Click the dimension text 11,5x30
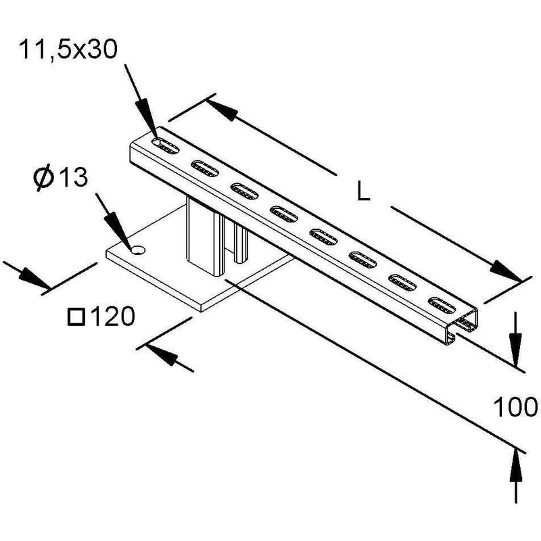(68, 49)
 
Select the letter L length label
(363, 193)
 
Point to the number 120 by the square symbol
(114, 316)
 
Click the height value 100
(515, 407)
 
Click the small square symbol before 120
(76, 317)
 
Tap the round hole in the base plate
(138, 250)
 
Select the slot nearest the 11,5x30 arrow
(166, 145)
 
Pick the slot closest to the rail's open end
(442, 305)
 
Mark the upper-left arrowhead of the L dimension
(222, 109)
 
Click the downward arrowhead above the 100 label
(515, 349)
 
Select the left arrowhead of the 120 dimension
(34, 277)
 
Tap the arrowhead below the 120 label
(161, 352)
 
